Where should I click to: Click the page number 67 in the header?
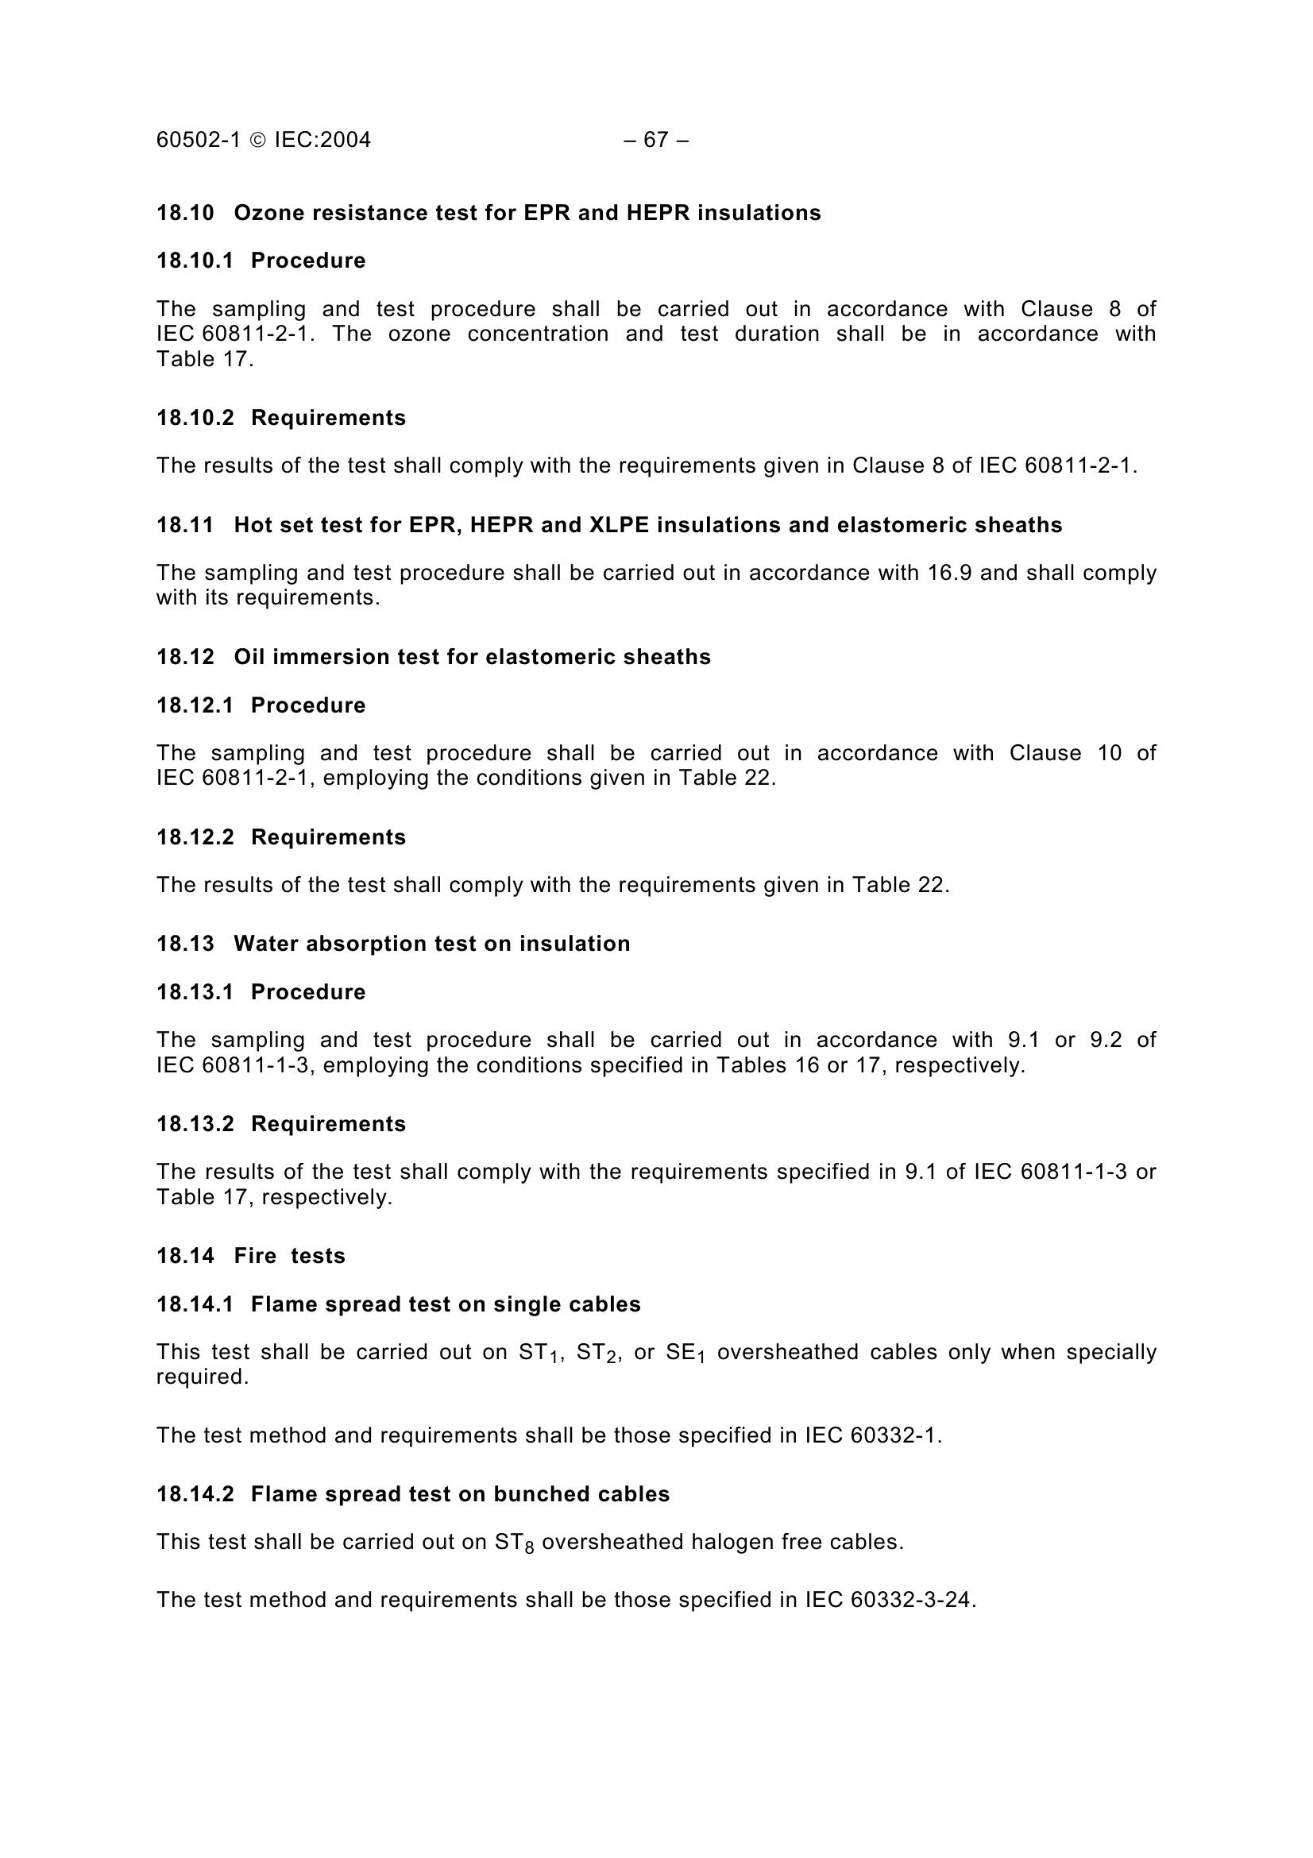coord(655,140)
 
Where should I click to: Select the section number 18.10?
coord(185,213)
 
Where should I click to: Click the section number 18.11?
coord(185,525)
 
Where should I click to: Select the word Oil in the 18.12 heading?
coord(249,656)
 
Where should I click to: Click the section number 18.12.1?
coord(195,705)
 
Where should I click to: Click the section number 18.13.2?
coord(195,1123)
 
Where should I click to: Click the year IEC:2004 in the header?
coord(322,140)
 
